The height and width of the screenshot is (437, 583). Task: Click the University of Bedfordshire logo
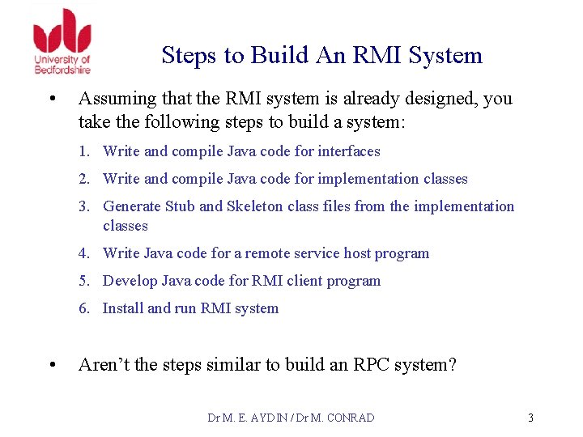62,40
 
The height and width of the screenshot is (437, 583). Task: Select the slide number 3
530,418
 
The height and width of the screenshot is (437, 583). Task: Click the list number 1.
83,151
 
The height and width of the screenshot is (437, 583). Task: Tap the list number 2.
83,179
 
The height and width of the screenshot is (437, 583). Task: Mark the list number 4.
83,253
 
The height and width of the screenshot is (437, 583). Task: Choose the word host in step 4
357,253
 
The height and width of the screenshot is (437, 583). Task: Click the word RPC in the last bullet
374,365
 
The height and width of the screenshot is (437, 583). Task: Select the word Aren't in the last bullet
104,365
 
